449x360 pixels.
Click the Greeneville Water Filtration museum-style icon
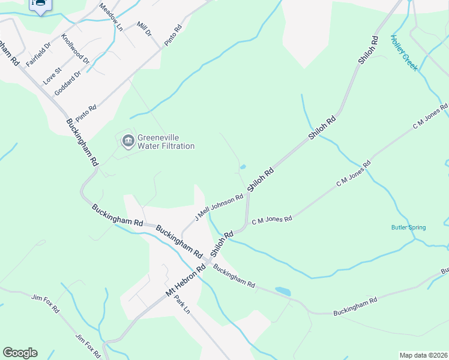127,142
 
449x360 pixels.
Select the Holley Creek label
403,53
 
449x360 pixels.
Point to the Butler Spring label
408,227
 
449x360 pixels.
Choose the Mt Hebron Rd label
185,281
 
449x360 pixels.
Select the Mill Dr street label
144,28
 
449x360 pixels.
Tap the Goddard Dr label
67,83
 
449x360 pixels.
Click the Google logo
20,353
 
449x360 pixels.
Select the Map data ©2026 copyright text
423,355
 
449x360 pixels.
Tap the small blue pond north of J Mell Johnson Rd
243,167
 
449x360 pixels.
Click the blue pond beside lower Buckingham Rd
283,292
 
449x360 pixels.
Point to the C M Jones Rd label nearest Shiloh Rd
272,220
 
